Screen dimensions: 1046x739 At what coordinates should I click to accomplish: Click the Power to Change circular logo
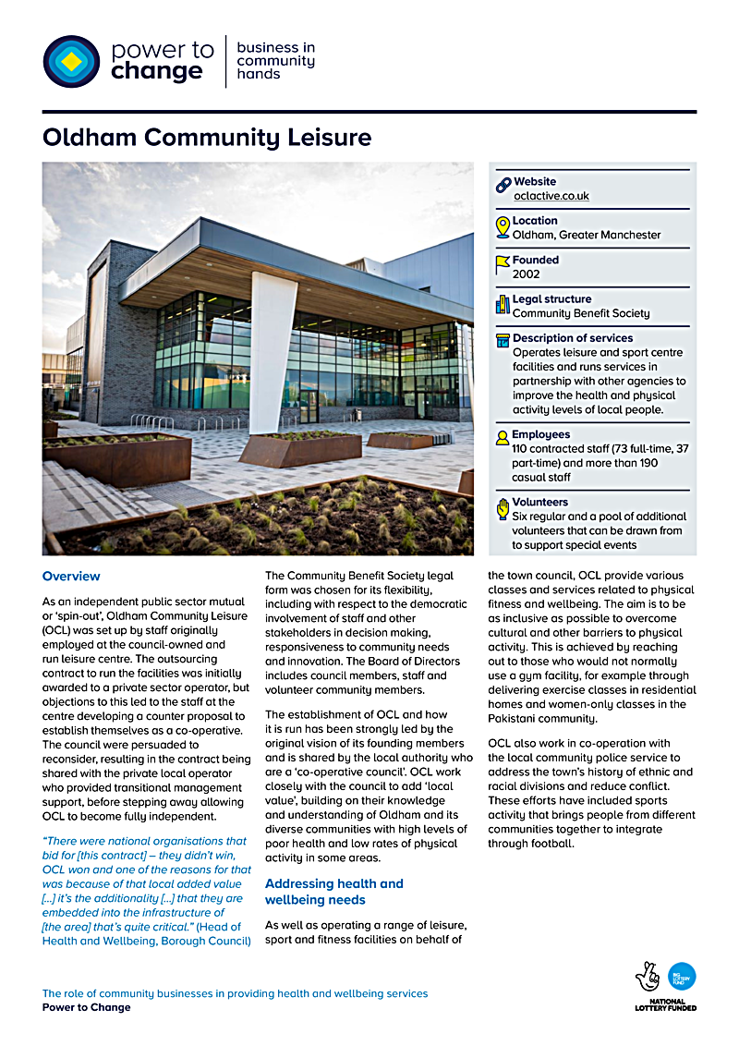click(71, 61)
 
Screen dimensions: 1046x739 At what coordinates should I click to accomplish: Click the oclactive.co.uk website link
click(551, 196)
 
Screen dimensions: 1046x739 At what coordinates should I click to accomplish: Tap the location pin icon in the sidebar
click(503, 226)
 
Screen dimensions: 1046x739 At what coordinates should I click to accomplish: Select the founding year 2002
click(526, 274)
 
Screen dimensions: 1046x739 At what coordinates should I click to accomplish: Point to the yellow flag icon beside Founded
click(503, 265)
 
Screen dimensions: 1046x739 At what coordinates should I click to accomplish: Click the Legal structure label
click(551, 299)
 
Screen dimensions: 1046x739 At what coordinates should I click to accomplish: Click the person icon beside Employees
click(503, 435)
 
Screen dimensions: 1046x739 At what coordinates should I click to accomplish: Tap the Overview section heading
click(71, 577)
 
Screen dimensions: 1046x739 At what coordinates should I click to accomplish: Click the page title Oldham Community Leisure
click(207, 138)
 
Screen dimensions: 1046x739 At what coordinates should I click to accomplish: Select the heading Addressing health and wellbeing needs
click(333, 892)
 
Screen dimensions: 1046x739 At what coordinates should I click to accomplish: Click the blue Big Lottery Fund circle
click(682, 976)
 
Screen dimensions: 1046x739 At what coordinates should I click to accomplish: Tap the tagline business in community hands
click(275, 61)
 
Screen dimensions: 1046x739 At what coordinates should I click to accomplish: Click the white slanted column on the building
click(272, 351)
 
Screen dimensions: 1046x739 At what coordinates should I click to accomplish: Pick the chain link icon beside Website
click(503, 185)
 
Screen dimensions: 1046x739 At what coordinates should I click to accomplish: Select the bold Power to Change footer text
click(86, 1007)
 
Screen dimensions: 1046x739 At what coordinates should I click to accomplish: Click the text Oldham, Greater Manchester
click(587, 235)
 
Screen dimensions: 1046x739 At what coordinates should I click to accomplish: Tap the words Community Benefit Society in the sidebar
click(581, 313)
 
